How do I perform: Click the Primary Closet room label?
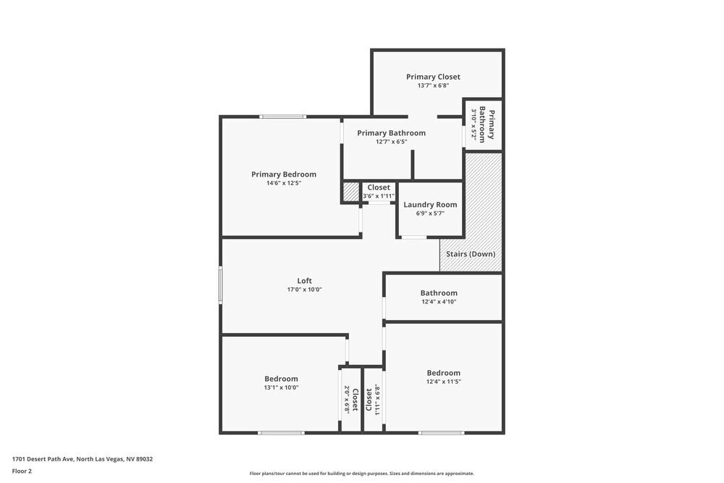point(433,77)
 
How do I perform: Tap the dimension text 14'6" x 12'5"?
point(283,183)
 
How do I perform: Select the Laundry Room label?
point(430,205)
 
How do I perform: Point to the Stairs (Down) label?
point(471,254)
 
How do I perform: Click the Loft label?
point(304,281)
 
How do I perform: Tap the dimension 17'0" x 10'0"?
point(304,290)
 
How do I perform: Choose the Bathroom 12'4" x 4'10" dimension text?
point(439,302)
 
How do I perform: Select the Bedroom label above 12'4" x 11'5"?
point(443,373)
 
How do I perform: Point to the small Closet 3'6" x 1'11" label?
point(378,188)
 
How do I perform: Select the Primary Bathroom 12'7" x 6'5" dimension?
point(391,142)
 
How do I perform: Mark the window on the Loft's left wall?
point(221,285)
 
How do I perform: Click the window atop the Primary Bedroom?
point(283,117)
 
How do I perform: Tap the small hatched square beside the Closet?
point(351,192)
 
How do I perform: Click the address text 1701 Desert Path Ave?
point(82,459)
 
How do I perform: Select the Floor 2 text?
point(22,471)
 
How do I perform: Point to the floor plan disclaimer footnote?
point(361,474)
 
